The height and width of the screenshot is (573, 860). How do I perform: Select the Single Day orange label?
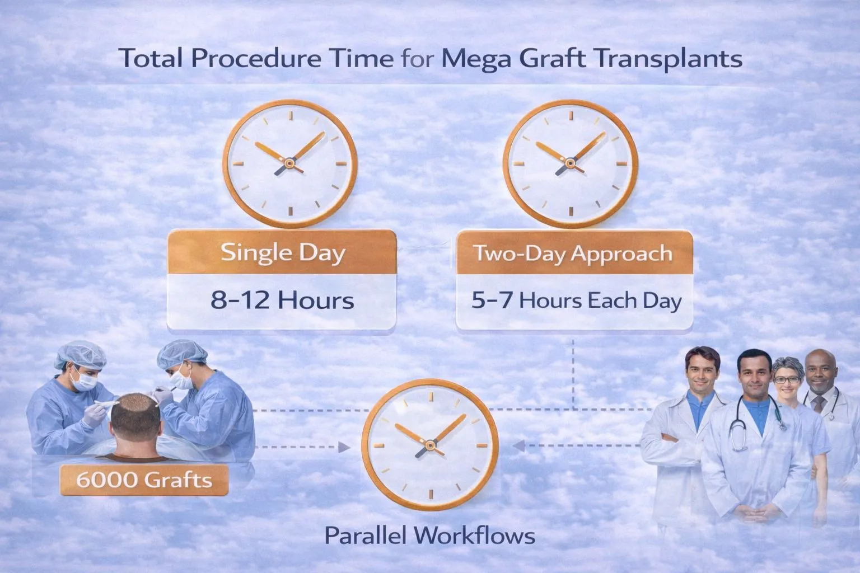pos(283,253)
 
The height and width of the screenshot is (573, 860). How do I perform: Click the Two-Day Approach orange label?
pos(574,253)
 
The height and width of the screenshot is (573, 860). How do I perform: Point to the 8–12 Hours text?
pos(283,300)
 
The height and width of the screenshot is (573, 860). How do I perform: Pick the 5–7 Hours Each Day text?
pos(576,301)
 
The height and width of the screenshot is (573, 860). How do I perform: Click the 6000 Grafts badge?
pos(144,480)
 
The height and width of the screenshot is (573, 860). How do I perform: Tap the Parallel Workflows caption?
pos(429,536)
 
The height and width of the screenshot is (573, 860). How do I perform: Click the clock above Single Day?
pos(289,163)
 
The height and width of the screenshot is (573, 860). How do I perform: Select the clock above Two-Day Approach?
pos(570,163)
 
